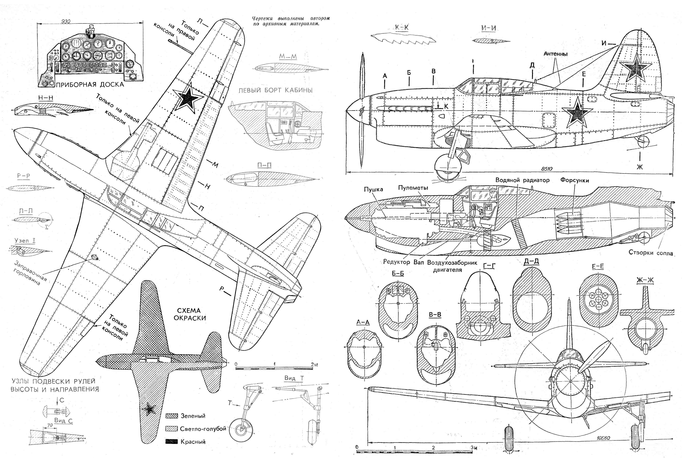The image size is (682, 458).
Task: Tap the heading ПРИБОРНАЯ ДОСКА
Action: (x=90, y=85)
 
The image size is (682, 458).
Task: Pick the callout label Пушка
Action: (x=373, y=189)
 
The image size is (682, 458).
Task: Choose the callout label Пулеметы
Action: (x=413, y=188)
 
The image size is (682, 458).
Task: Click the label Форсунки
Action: (x=574, y=180)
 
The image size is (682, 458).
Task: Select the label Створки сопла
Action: (x=650, y=253)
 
